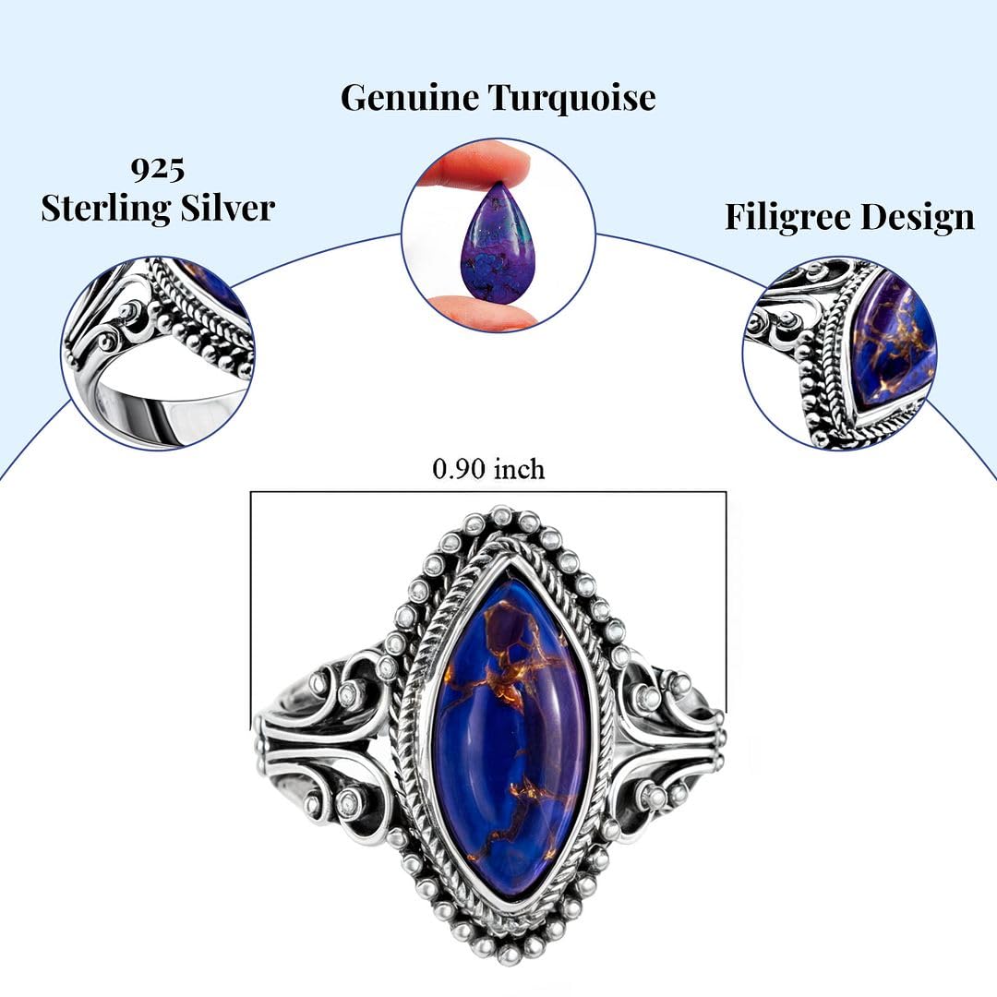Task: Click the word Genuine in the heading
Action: [410, 99]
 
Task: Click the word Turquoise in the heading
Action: [572, 97]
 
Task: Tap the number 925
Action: [158, 169]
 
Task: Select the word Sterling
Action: [106, 209]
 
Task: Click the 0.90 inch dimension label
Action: [488, 469]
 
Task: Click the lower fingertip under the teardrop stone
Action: [477, 313]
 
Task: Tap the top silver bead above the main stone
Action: [501, 514]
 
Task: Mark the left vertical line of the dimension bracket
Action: [250, 611]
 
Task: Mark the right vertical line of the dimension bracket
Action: [727, 602]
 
